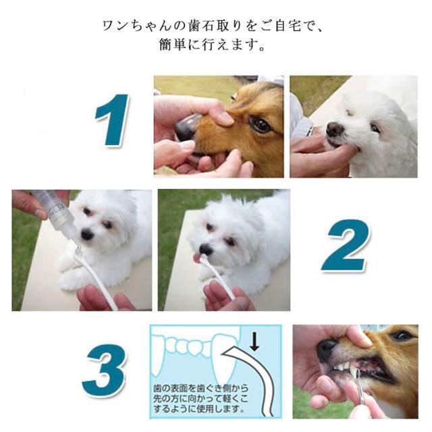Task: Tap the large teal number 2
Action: [x=346, y=245]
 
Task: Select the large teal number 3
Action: [x=105, y=370]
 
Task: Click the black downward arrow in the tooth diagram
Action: [x=254, y=342]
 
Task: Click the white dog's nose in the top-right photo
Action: [x=335, y=129]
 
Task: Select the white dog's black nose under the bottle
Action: [x=87, y=234]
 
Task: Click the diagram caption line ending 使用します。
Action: [x=199, y=408]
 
